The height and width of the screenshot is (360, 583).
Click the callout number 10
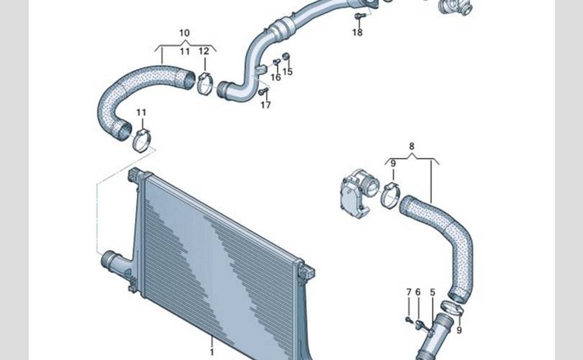pos(184,33)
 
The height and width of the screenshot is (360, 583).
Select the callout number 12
pos(204,51)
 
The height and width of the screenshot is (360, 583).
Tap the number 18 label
pos(358,33)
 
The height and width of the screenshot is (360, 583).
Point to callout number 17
pos(266,105)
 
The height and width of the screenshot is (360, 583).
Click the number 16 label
pos(276,77)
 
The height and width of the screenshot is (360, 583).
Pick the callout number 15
pos(288,72)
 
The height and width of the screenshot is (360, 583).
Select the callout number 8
pos(412,146)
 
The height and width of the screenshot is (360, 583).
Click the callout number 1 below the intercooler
pos(212,352)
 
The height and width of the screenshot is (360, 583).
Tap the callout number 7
pos(408,292)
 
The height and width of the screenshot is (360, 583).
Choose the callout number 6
pos(417,292)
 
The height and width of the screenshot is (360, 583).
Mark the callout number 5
pos(433,292)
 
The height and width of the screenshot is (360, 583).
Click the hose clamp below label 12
pos(205,84)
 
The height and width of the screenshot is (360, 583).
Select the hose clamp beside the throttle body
pos(390,194)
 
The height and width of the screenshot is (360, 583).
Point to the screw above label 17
pos(263,91)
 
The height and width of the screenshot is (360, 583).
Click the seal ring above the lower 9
pos(451,308)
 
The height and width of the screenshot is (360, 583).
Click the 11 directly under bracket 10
pos(184,51)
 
